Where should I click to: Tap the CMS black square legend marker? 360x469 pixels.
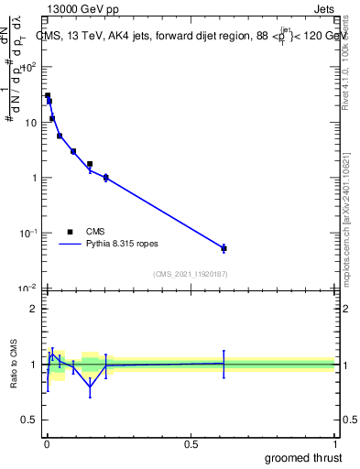coord(70,232)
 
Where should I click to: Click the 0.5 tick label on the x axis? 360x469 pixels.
coord(191,442)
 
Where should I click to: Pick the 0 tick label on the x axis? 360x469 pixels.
coord(47,442)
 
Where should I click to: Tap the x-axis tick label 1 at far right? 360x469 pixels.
coord(334,442)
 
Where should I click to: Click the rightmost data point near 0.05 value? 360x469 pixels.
coord(224,248)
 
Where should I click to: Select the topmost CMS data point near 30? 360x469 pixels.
coord(48,95)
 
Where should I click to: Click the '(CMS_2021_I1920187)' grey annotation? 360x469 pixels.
coord(190,274)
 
